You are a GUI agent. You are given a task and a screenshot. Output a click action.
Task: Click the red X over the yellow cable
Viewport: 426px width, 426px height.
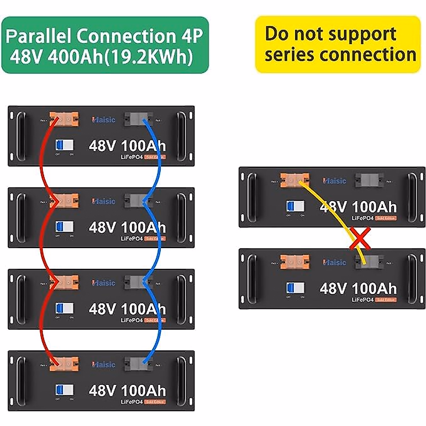(x=360, y=239)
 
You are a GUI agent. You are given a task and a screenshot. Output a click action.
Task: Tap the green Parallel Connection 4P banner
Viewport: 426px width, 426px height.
(x=105, y=45)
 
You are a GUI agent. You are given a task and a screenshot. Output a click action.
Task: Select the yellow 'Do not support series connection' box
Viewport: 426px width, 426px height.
(x=338, y=44)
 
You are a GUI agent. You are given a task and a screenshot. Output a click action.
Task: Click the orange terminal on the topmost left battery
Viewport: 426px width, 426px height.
(x=64, y=120)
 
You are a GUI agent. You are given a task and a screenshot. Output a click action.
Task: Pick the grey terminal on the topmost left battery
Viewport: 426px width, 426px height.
(x=138, y=120)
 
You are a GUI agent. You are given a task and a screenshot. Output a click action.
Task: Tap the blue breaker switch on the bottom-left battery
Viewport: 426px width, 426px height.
(x=64, y=390)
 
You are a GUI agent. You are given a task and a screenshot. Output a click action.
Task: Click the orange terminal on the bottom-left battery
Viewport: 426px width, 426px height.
(x=64, y=364)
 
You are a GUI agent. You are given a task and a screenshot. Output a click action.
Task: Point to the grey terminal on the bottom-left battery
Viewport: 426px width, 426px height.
(x=138, y=364)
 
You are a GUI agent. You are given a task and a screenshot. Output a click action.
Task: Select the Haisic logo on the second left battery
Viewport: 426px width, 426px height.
(x=104, y=201)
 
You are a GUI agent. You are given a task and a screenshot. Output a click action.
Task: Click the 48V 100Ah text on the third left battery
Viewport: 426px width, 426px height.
(x=127, y=309)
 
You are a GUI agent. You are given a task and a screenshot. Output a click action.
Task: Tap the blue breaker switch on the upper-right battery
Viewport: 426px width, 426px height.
(x=295, y=206)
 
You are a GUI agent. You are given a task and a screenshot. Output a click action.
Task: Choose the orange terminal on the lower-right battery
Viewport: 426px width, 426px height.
(x=295, y=262)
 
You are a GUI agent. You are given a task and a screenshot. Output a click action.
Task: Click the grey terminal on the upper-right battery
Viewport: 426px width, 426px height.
(x=369, y=180)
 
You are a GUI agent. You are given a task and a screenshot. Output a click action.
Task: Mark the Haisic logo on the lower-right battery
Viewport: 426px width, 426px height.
(x=334, y=262)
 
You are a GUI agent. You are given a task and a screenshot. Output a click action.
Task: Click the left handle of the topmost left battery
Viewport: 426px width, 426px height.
(x=21, y=136)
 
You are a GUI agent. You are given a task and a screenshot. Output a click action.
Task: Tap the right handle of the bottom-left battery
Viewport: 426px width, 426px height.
(x=181, y=381)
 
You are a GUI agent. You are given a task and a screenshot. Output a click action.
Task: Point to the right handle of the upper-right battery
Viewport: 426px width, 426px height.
(x=412, y=197)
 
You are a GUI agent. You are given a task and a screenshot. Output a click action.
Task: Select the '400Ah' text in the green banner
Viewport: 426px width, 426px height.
(x=75, y=56)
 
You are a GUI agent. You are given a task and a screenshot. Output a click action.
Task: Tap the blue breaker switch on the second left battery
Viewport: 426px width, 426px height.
(x=64, y=226)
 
